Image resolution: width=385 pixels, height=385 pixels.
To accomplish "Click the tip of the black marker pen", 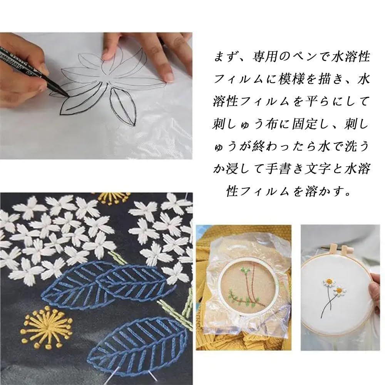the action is pos(67,95).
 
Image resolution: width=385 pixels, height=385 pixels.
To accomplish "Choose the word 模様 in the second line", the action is pos(291,79).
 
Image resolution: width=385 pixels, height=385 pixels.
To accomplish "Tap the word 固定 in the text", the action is pos(305,124).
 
